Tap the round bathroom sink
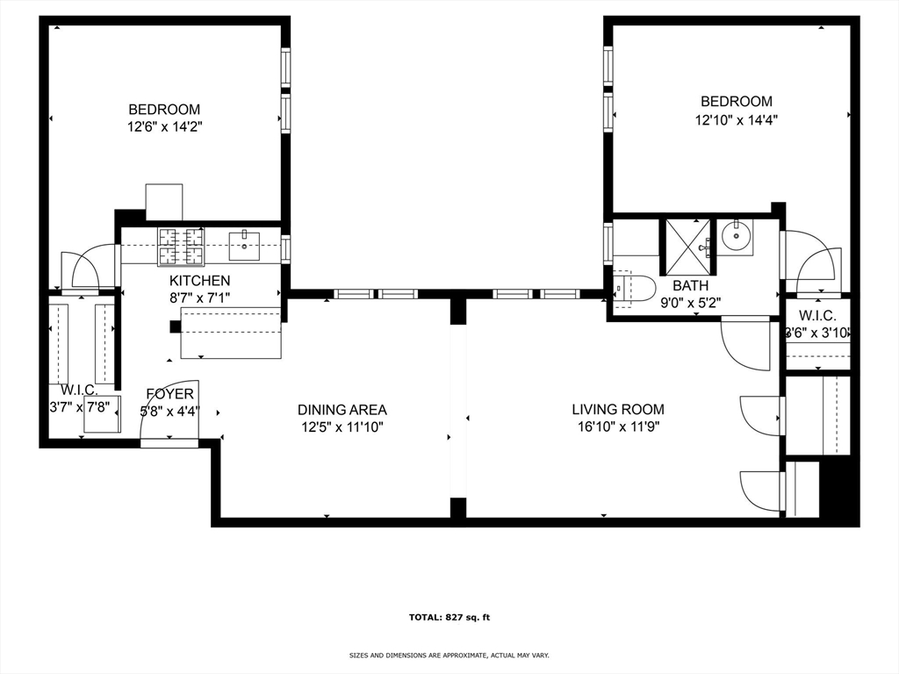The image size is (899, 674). tap(736, 236)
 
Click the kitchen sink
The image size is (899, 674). tap(243, 247)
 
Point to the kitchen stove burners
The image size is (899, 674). tap(181, 246)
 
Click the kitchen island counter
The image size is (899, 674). tap(231, 333)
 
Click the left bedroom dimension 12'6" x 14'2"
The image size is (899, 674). tap(164, 127)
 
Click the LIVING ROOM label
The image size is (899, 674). tap(618, 409)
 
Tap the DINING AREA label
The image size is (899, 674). tap(342, 410)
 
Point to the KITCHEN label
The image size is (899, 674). tap(199, 281)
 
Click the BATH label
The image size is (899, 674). tap(690, 286)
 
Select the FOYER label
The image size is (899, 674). tap(169, 393)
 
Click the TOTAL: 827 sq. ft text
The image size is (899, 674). tap(449, 617)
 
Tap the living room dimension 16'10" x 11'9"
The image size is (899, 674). tap(618, 427)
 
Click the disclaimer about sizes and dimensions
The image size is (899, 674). tap(449, 656)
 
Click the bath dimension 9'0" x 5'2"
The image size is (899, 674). tap(690, 304)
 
